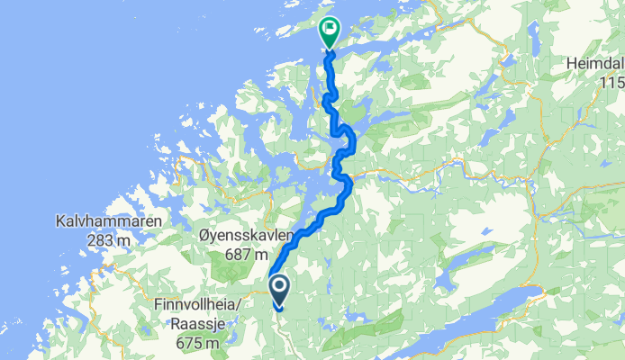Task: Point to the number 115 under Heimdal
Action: (x=613, y=83)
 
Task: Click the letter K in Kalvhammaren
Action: (x=60, y=221)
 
